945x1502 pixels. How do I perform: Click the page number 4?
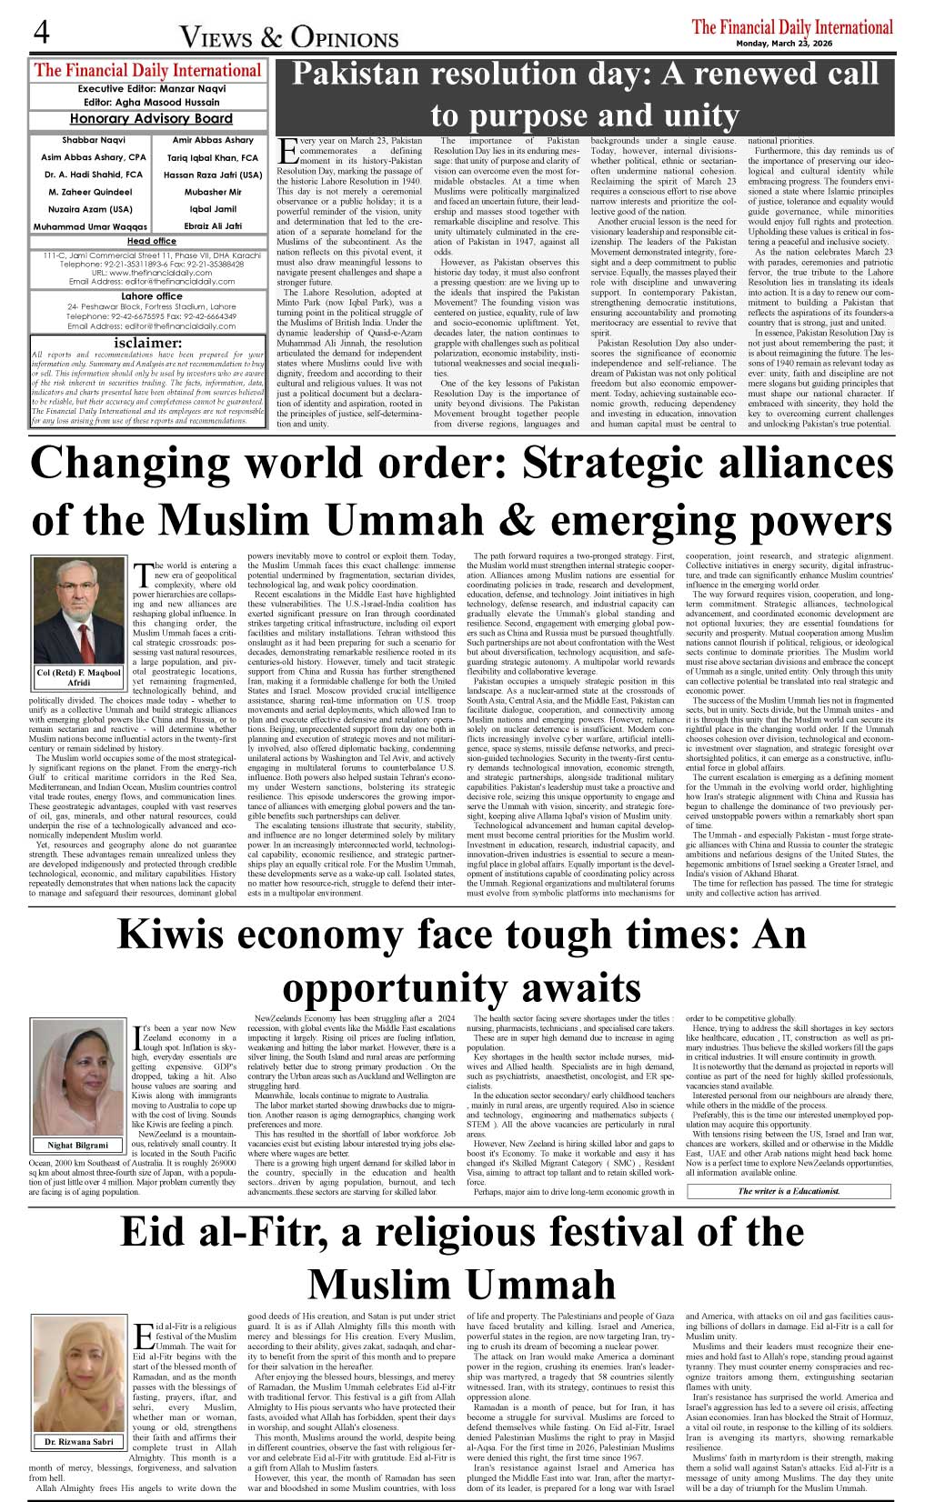point(41,33)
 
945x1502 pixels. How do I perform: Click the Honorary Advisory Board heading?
point(151,119)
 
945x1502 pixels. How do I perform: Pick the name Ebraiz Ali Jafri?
point(213,225)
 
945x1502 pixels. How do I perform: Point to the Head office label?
point(151,241)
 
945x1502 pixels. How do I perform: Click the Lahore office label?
point(151,295)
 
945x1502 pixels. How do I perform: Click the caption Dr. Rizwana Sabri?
point(79,1442)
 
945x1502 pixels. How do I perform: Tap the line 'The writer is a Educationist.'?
point(789,1190)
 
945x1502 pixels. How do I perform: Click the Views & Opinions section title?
point(289,37)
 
